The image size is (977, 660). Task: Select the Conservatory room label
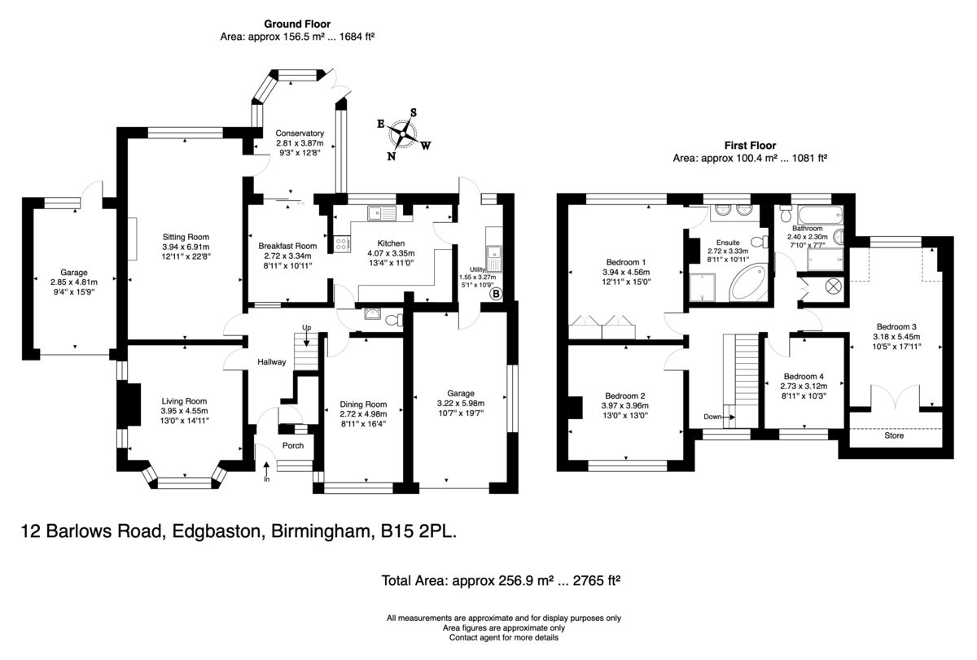tap(300, 133)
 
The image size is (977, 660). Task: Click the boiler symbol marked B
tap(495, 294)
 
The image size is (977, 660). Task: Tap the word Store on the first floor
tap(893, 436)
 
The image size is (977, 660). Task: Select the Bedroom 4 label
tap(804, 376)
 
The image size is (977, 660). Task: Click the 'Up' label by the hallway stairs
tap(306, 328)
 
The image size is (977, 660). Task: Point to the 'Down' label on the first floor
tap(713, 417)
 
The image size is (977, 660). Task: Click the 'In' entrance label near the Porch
tap(266, 479)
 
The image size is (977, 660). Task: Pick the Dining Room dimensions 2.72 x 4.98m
tap(363, 413)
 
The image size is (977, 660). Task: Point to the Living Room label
tap(184, 400)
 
